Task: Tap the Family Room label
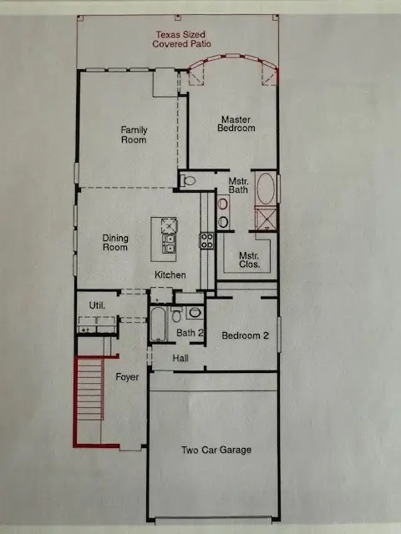[134, 134]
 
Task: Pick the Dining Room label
[115, 242]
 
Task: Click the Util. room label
[98, 306]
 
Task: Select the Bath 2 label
[190, 333]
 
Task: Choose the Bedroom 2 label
[244, 336]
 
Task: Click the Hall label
[180, 358]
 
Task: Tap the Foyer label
[127, 377]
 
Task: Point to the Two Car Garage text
[216, 450]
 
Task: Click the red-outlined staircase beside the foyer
[89, 400]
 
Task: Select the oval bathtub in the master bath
[266, 188]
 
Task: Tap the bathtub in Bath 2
[159, 324]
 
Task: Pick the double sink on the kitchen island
[169, 243]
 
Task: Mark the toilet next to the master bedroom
[188, 180]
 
